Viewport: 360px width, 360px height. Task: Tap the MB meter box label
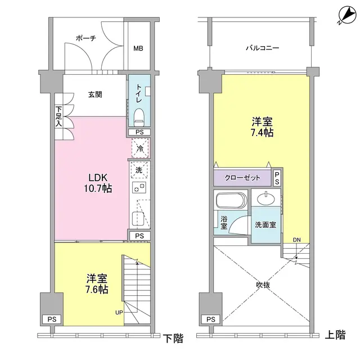[x=138, y=48]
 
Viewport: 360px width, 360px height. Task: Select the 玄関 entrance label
[x=95, y=94]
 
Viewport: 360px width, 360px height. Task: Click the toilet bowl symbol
[x=139, y=118]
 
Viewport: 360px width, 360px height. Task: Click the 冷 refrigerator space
[x=140, y=149]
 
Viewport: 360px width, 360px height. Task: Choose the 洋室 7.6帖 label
[x=97, y=284]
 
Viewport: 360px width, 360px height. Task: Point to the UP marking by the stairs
[x=119, y=312]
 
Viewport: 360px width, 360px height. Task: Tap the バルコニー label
[x=263, y=48]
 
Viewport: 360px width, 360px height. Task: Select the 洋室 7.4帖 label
[x=262, y=127]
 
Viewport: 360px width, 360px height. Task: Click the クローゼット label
[x=243, y=178]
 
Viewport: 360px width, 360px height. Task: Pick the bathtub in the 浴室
[x=231, y=201]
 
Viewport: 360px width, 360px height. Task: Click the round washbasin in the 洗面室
[x=265, y=199]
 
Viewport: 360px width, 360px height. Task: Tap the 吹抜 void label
[x=263, y=285]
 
